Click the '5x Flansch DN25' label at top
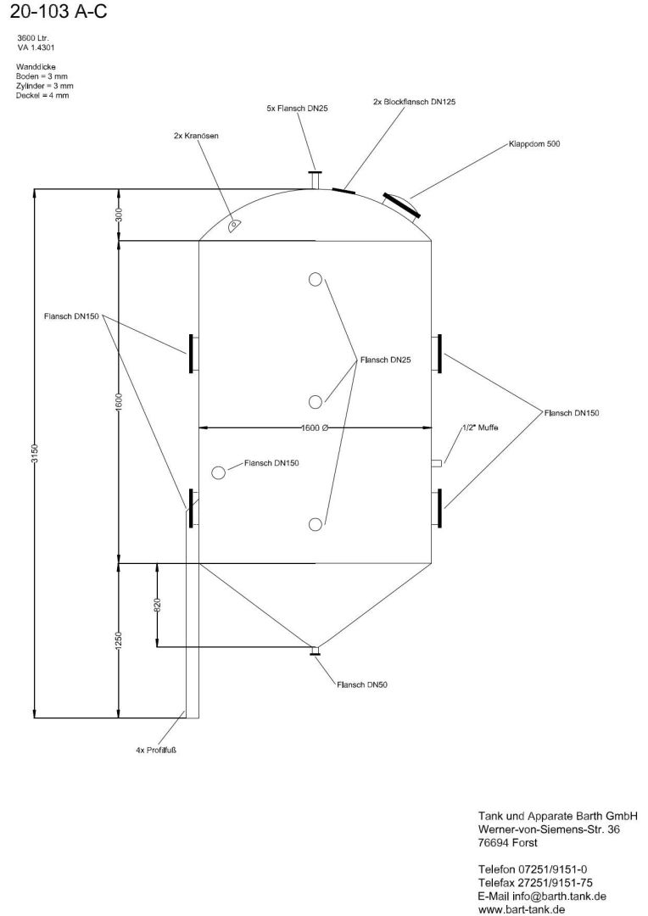(297, 108)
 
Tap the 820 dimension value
(157, 605)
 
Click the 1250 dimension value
(119, 640)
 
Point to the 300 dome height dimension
(119, 215)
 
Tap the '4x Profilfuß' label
(155, 750)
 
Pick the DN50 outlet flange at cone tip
(315, 651)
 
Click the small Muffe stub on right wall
(437, 463)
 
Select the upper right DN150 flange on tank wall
(439, 354)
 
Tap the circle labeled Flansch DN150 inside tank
(218, 472)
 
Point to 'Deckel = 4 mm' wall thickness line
(42, 95)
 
